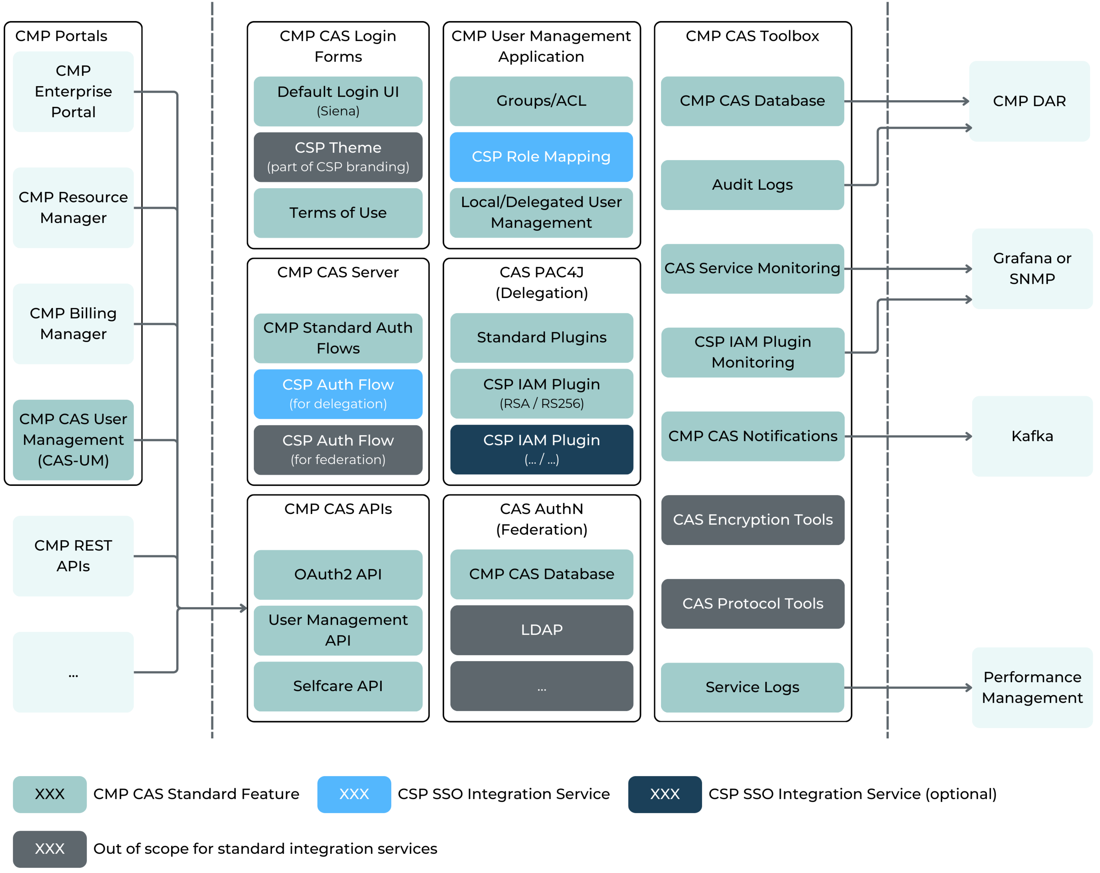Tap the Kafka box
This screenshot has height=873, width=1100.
(x=1032, y=437)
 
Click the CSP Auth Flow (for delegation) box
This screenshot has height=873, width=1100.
(x=338, y=394)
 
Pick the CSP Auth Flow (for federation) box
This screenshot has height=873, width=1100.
(x=338, y=450)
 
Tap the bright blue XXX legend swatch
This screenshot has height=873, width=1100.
(x=354, y=794)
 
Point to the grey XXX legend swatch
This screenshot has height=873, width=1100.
(x=50, y=849)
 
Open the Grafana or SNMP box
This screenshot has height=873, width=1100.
(x=1032, y=269)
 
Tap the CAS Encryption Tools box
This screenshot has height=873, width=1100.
(x=753, y=520)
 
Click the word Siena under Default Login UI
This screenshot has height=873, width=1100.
(x=338, y=111)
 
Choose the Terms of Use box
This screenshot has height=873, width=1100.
(x=338, y=213)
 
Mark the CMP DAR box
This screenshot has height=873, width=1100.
(x=1029, y=101)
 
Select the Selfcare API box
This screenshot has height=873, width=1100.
(x=338, y=686)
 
